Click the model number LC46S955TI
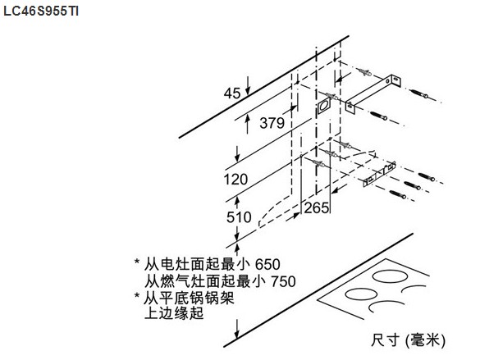[x=41, y=11]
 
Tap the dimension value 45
[x=232, y=93]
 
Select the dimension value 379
[x=272, y=123]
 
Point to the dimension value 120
[x=235, y=180]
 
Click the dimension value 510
[x=239, y=217]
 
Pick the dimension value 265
[x=317, y=208]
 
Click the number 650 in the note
[x=267, y=265]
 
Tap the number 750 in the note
[x=283, y=281]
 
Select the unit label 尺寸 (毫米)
[x=408, y=340]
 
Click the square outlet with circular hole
[x=323, y=106]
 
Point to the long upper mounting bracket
[x=373, y=93]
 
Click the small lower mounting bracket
[x=379, y=174]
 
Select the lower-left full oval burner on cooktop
[x=361, y=294]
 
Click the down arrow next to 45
[x=248, y=85]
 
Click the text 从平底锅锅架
[x=190, y=298]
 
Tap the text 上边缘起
[x=174, y=313]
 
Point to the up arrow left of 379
[x=248, y=124]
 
